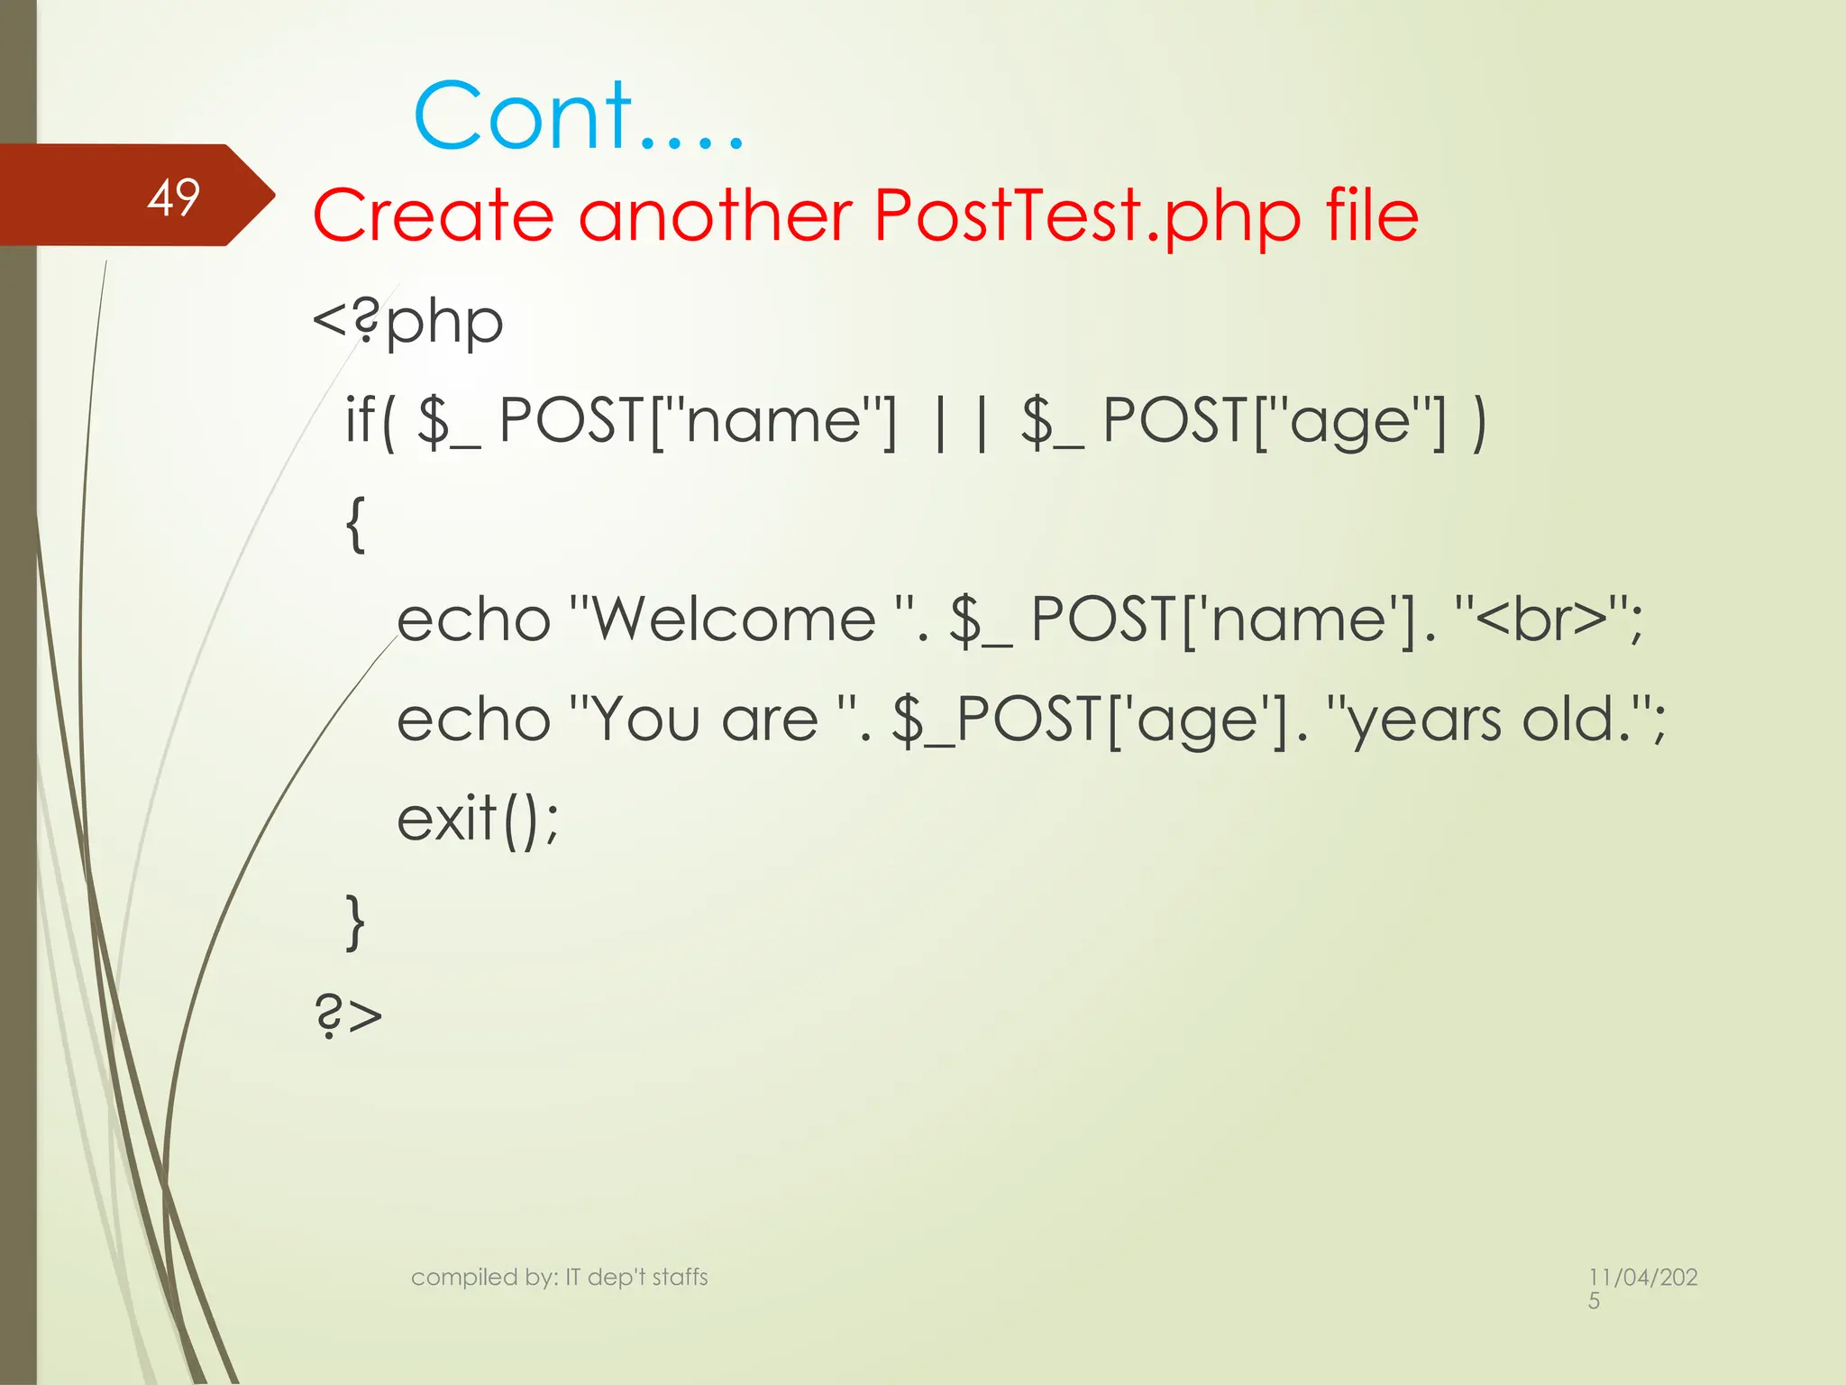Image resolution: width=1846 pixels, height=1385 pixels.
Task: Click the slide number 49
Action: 173,197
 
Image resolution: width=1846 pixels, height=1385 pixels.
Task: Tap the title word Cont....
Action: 523,116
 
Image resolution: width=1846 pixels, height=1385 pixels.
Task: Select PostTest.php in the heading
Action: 1087,218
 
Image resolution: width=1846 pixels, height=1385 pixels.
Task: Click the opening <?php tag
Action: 407,322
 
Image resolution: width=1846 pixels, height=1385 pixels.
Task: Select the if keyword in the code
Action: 360,420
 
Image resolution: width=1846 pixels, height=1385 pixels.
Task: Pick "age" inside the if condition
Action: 1349,422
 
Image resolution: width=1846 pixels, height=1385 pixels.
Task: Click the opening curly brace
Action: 356,524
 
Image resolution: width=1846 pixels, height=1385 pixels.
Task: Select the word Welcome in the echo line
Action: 735,620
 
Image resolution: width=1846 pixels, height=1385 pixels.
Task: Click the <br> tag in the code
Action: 1542,620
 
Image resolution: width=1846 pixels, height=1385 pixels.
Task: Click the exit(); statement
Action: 478,819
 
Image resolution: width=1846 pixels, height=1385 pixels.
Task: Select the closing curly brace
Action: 356,922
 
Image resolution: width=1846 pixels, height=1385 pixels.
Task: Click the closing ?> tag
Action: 349,1016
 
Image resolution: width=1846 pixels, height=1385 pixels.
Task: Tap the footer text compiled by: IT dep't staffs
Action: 559,1277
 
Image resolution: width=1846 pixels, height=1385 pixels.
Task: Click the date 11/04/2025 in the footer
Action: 1642,1287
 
